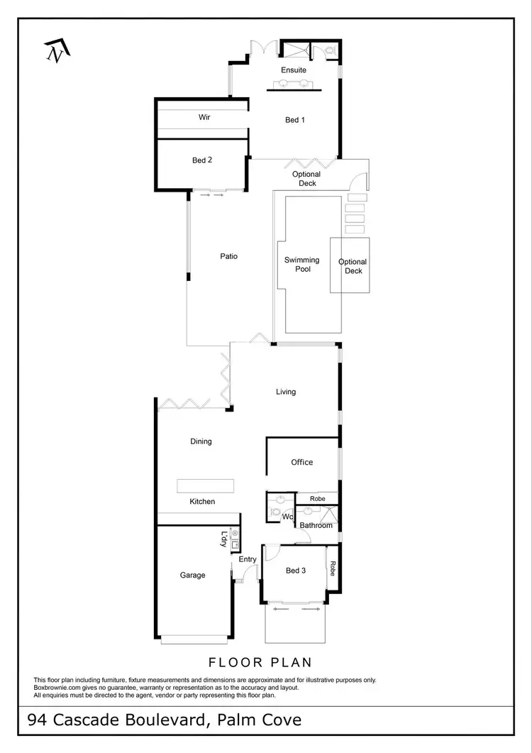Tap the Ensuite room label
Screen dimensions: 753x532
294,70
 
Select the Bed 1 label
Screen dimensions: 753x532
295,120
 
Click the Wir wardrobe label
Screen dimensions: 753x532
204,117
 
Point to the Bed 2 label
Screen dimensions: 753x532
202,160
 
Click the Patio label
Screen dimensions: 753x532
228,256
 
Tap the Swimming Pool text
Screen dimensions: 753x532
302,265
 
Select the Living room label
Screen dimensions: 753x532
286,392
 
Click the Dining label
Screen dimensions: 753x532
201,441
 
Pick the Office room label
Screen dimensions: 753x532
301,462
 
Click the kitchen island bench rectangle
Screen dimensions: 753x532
205,485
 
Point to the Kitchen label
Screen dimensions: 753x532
202,502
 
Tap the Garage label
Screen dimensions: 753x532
192,575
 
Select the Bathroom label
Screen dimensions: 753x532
316,525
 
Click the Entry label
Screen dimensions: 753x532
248,559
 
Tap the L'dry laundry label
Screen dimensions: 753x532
224,539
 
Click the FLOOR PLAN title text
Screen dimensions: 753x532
260,663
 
